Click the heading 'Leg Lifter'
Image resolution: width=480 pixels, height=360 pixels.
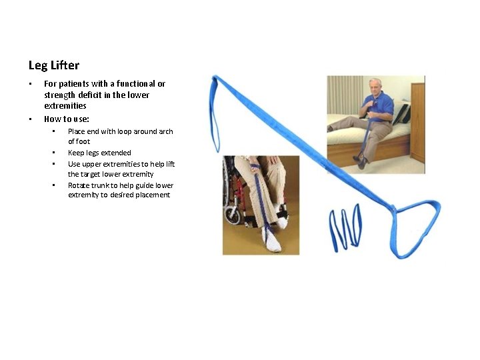pyautogui.click(x=54, y=65)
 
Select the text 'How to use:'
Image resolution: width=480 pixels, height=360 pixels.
pyautogui.click(x=67, y=119)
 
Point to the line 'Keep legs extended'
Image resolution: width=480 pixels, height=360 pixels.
pyautogui.click(x=99, y=153)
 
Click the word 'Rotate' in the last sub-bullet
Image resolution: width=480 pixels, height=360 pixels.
pyautogui.click(x=79, y=185)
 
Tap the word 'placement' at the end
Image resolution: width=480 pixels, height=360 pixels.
pyautogui.click(x=153, y=195)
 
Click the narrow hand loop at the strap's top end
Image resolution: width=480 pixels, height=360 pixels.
pyautogui.click(x=215, y=113)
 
